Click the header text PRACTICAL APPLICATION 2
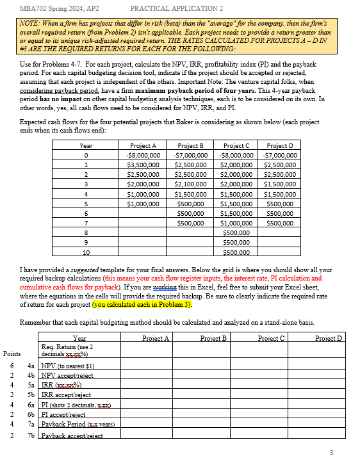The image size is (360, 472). (x=176, y=8)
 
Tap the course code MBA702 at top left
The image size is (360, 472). (x=35, y=8)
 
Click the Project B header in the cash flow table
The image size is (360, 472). (x=191, y=145)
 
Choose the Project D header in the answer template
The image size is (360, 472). (x=329, y=338)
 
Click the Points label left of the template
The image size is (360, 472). (x=12, y=354)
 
